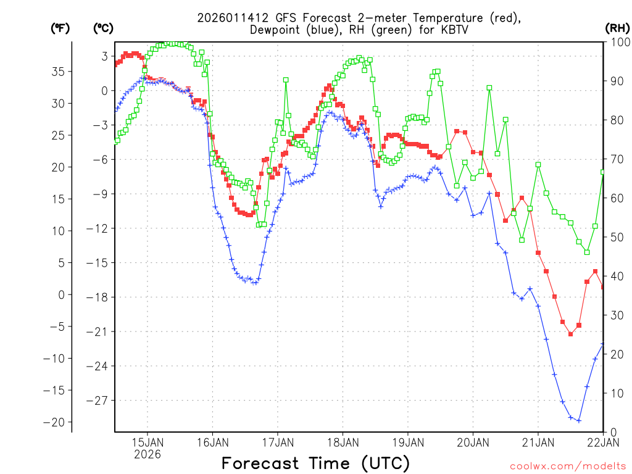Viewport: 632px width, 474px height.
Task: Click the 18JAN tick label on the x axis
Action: pyautogui.click(x=343, y=442)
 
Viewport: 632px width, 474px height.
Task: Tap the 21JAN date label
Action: pyautogui.click(x=538, y=442)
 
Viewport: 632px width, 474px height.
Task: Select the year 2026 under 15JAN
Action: pyautogui.click(x=147, y=454)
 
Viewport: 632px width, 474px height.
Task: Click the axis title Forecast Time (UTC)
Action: pyautogui.click(x=315, y=463)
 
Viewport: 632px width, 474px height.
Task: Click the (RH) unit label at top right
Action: pyautogui.click(x=617, y=28)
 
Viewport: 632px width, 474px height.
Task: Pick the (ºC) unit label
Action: pyautogui.click(x=103, y=28)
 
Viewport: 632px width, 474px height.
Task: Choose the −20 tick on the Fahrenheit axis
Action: pyautogui.click(x=56, y=422)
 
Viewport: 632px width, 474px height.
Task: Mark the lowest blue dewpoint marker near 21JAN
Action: pyautogui.click(x=579, y=420)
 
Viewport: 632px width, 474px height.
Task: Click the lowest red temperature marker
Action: pyautogui.click(x=570, y=334)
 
